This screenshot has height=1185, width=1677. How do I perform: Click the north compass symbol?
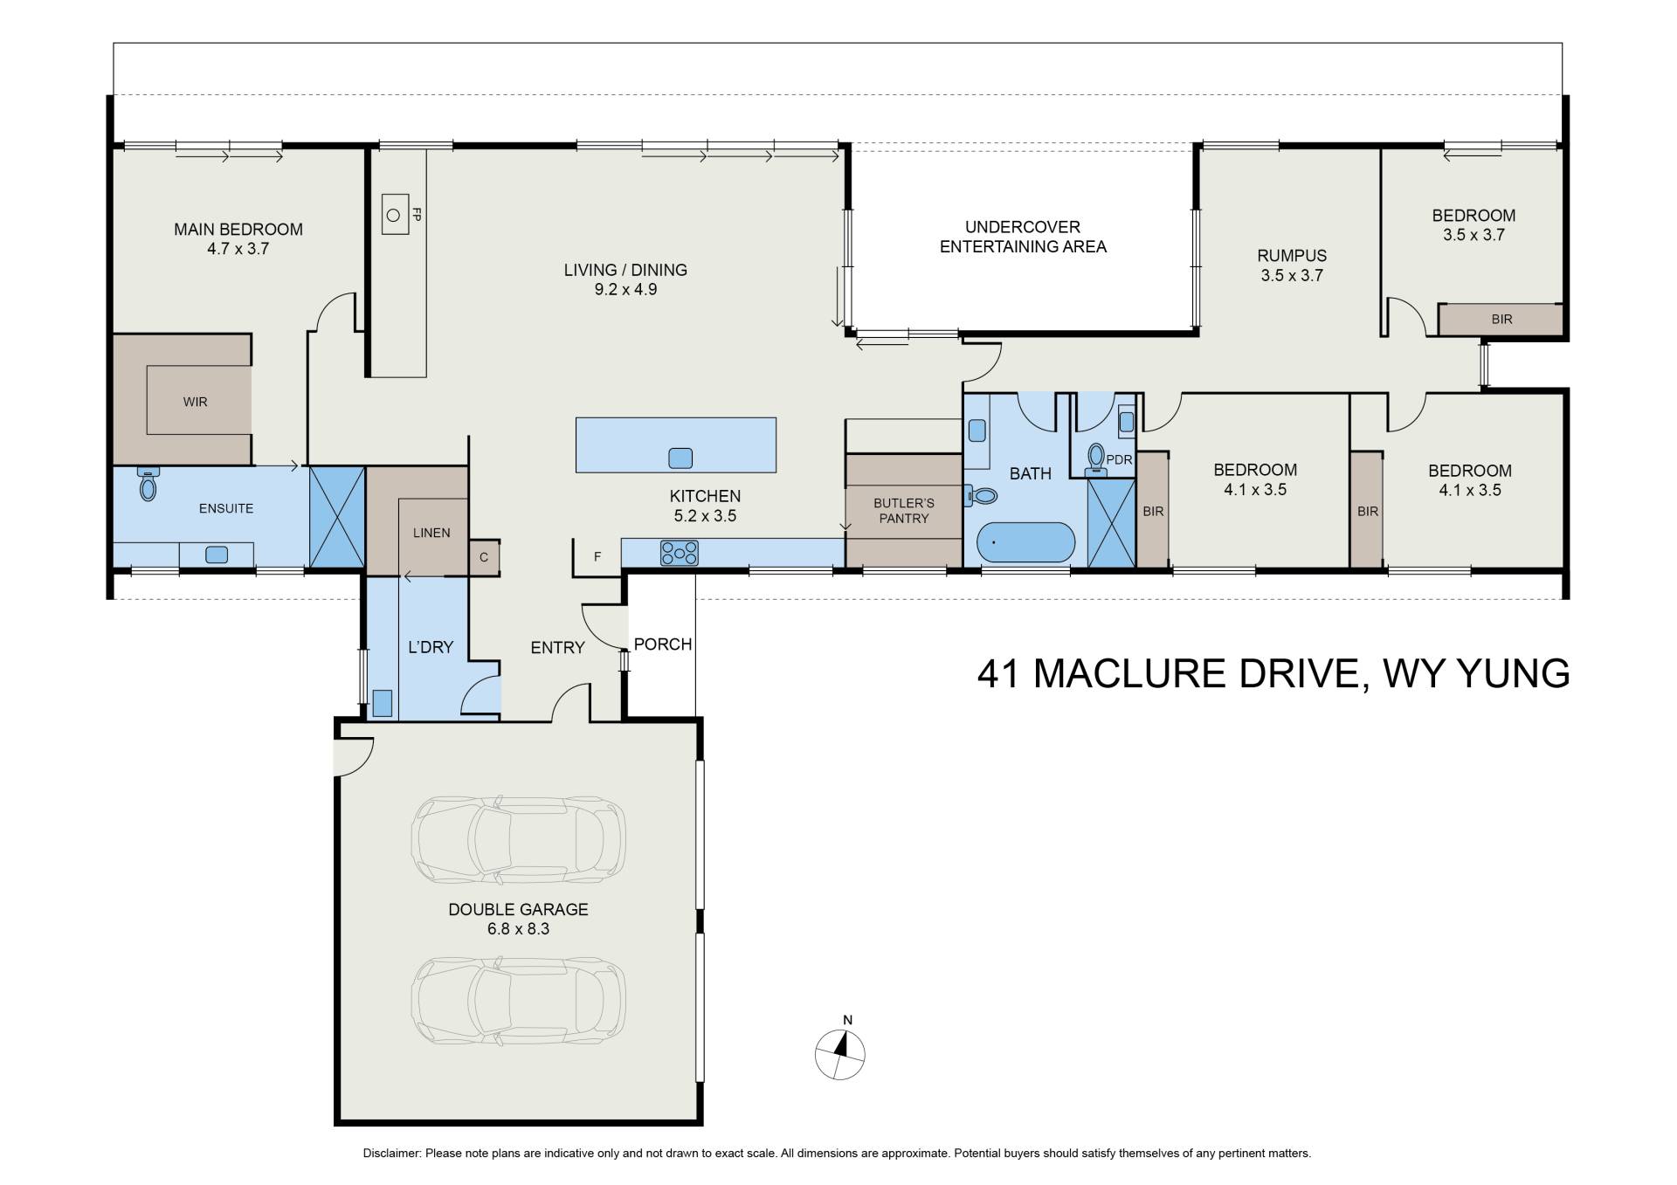(839, 1053)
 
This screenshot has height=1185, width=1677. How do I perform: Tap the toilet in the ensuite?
(148, 482)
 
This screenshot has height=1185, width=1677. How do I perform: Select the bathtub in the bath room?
(1025, 542)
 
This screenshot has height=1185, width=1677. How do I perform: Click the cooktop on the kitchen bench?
(679, 553)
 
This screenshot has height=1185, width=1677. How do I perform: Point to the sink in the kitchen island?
(680, 458)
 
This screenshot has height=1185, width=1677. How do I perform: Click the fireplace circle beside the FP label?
(394, 214)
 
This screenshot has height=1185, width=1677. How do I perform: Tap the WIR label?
(195, 403)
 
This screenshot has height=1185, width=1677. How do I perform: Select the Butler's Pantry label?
(904, 511)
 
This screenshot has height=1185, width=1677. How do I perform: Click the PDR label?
(1119, 459)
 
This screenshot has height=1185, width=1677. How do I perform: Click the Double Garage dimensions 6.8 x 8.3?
(518, 929)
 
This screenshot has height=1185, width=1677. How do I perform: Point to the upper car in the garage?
(518, 839)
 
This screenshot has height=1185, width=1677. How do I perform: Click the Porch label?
(663, 644)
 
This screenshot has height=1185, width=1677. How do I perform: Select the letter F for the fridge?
(597, 556)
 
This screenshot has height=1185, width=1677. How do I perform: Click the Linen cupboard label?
(431, 533)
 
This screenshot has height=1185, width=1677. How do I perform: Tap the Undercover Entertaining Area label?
(1023, 237)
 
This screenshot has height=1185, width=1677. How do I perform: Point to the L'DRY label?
(431, 648)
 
